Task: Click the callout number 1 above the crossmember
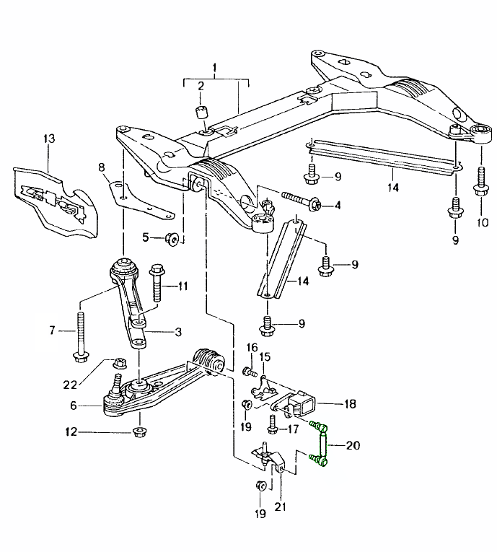[214, 69]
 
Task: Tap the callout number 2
[201, 87]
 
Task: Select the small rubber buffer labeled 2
[201, 115]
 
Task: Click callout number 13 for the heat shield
[49, 138]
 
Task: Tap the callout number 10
[481, 223]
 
